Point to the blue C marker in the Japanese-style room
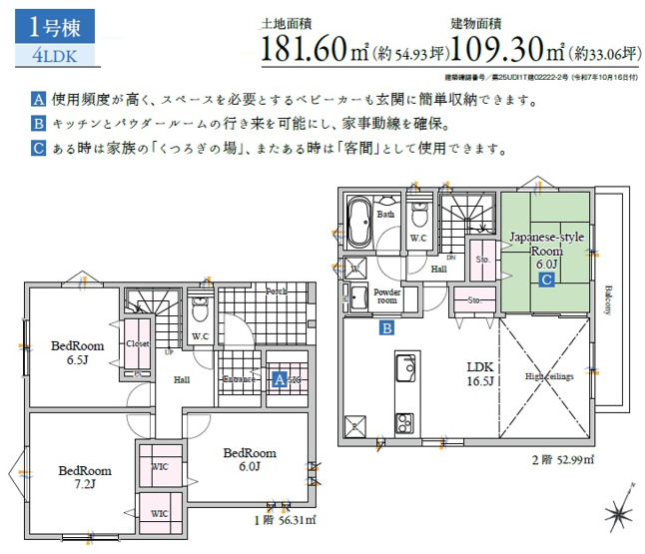[547, 280]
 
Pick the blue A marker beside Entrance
[281, 379]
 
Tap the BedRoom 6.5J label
[77, 352]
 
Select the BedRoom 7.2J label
[84, 477]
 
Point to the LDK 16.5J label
[481, 372]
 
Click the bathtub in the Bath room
[359, 225]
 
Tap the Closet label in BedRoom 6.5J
[137, 343]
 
